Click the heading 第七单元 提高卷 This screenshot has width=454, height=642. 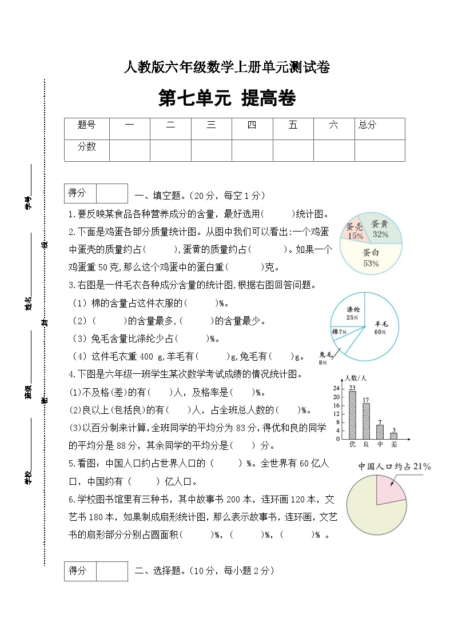click(227, 98)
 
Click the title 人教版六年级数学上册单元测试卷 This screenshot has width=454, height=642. click(227, 67)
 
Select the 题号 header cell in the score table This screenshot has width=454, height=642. click(86, 125)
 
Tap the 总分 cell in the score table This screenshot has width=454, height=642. click(367, 125)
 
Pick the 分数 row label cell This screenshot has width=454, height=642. click(86, 147)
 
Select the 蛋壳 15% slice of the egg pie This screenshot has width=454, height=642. click(355, 230)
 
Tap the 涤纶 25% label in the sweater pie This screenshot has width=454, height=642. click(352, 313)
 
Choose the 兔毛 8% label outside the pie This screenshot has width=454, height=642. click(323, 358)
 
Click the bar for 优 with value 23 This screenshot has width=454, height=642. click(352, 415)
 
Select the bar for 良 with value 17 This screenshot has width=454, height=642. click(366, 421)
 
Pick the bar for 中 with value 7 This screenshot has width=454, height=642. click(380, 432)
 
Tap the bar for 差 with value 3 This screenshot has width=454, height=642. click(393, 436)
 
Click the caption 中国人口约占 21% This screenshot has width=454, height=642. click(394, 466)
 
